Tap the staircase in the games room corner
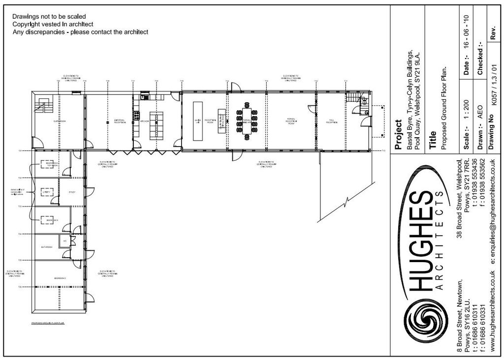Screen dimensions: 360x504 click(43, 106)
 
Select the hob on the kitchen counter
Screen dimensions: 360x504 click(136, 117)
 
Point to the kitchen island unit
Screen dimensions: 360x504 click(156, 124)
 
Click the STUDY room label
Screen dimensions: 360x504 click(72, 192)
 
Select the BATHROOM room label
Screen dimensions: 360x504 click(47, 247)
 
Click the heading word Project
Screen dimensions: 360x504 click(399, 134)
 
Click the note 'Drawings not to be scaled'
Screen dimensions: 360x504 click(49, 17)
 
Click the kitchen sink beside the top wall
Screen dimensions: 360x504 click(145, 96)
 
